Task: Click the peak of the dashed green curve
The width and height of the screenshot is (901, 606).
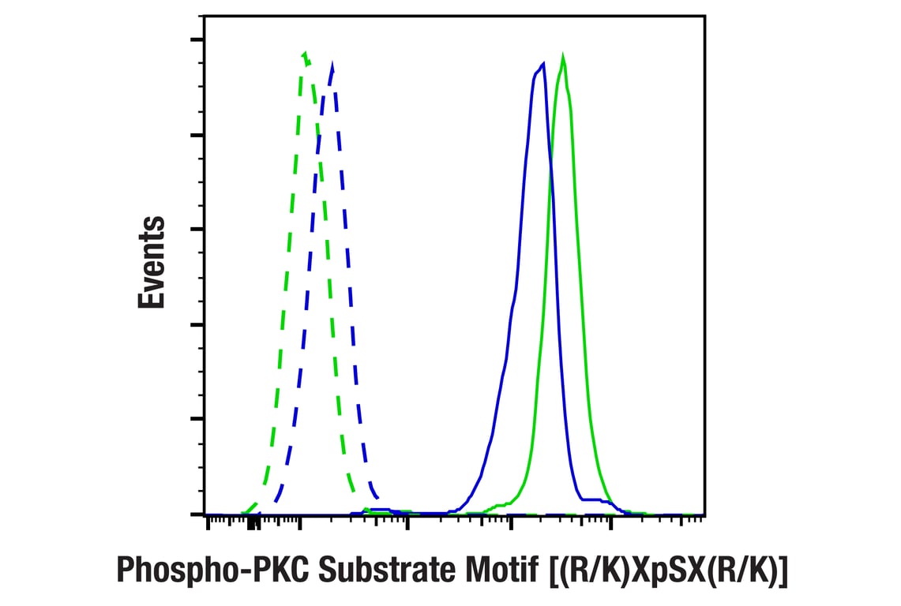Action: click(x=304, y=54)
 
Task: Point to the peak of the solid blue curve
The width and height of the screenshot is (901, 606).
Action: click(x=542, y=63)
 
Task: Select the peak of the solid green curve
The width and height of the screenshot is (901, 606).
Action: click(x=562, y=57)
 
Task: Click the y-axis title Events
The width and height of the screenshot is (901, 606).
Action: click(x=152, y=262)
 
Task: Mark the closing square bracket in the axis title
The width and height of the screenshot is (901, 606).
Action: click(x=782, y=570)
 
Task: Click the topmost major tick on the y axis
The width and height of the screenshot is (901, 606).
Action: click(x=198, y=39)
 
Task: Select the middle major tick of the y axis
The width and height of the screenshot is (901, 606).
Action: click(x=198, y=230)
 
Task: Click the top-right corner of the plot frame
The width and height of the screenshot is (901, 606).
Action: click(x=704, y=17)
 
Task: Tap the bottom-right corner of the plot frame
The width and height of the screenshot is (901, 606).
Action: click(x=704, y=514)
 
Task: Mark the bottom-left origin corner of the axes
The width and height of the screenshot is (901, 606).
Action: click(x=205, y=514)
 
